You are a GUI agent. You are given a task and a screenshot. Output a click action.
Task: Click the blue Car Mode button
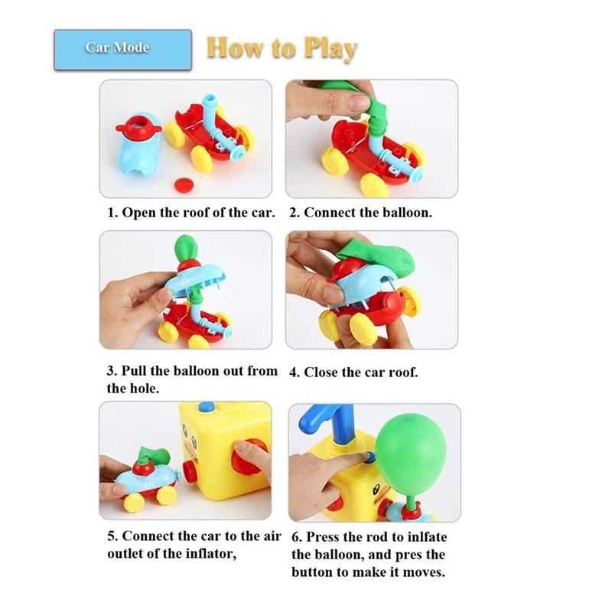pyautogui.click(x=123, y=50)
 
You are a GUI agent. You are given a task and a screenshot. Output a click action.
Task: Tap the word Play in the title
pyautogui.click(x=330, y=49)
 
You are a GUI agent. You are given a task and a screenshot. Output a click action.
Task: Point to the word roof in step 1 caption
pyautogui.click(x=197, y=213)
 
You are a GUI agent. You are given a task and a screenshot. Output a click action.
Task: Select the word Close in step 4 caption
pyautogui.click(x=321, y=373)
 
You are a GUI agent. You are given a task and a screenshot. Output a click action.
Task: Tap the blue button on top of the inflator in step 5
pyautogui.click(x=207, y=407)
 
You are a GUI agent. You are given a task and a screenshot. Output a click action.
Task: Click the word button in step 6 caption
pyautogui.click(x=313, y=572)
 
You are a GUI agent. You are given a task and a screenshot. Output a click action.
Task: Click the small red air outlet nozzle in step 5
pyautogui.click(x=190, y=472)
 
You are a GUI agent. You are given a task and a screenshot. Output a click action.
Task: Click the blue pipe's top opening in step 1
pyautogui.click(x=209, y=99)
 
